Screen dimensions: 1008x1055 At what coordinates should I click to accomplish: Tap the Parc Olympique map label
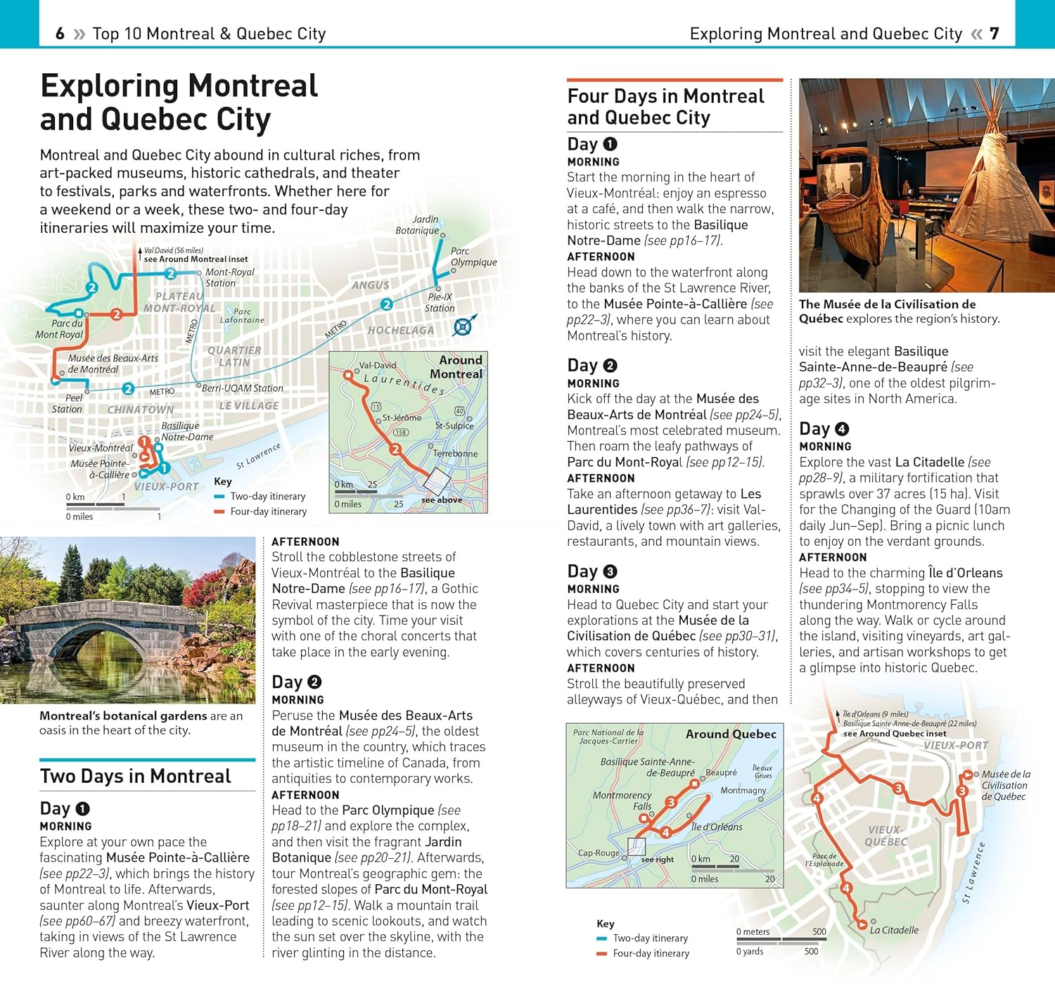pyautogui.click(x=473, y=257)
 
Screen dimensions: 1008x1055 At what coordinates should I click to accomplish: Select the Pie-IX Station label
pyautogui.click(x=440, y=302)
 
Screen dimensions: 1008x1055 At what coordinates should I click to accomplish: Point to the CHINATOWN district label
pyautogui.click(x=141, y=409)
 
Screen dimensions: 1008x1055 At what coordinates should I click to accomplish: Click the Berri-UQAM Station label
pyautogui.click(x=243, y=388)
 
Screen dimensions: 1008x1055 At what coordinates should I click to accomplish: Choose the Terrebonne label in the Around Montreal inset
pyautogui.click(x=455, y=454)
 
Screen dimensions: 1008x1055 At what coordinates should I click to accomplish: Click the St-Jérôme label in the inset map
pyautogui.click(x=402, y=418)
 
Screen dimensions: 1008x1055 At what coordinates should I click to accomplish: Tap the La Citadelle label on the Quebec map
pyautogui.click(x=894, y=930)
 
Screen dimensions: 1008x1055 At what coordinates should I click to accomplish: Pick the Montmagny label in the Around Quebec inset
pyautogui.click(x=743, y=791)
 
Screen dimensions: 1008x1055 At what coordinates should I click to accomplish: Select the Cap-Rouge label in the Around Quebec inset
pyautogui.click(x=599, y=853)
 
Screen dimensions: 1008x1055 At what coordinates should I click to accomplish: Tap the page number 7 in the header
pyautogui.click(x=994, y=34)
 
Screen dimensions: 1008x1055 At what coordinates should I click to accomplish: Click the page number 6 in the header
pyautogui.click(x=60, y=34)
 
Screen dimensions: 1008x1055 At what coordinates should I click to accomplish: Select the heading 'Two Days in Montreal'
pyautogui.click(x=135, y=777)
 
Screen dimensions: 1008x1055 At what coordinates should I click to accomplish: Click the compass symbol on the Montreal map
pyautogui.click(x=463, y=326)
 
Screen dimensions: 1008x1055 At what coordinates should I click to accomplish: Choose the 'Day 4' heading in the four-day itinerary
pyautogui.click(x=824, y=429)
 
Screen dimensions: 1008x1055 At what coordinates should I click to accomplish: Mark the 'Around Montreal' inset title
pyautogui.click(x=457, y=367)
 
